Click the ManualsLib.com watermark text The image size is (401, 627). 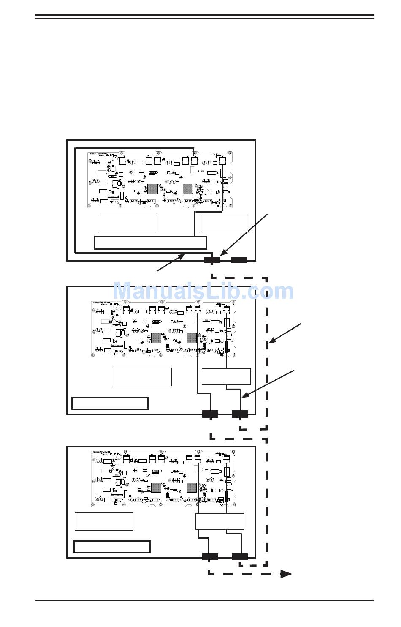203,292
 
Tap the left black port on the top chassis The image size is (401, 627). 211,260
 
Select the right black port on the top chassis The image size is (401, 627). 239,259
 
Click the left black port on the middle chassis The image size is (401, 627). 210,414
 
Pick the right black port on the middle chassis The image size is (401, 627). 240,414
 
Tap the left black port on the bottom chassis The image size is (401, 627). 210,556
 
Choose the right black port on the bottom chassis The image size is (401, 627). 240,556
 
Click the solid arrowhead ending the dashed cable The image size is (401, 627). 287,574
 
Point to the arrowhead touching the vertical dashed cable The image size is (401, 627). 273,340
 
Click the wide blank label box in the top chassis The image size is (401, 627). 151,243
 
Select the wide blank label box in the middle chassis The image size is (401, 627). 110,403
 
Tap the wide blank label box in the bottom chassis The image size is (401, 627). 112,547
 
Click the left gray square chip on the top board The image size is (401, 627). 152,188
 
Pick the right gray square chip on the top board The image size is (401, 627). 188,188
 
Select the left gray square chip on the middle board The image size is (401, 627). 156,338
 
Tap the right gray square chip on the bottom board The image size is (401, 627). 192,488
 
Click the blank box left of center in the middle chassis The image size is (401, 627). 143,376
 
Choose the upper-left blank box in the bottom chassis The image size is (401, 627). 104,521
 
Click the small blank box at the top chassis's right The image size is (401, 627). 224,224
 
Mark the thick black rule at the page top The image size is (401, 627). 204,15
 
